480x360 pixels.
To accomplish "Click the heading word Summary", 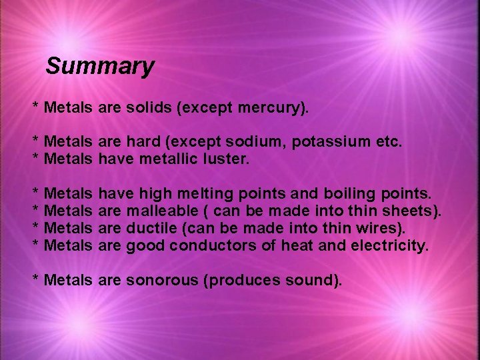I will click(x=100, y=66).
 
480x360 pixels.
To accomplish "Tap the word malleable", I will click(x=158, y=211).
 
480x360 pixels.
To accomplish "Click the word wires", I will click(x=375, y=229).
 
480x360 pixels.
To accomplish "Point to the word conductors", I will click(x=216, y=246).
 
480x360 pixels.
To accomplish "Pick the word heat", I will click(x=297, y=246).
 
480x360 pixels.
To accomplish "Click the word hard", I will click(x=144, y=141).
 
